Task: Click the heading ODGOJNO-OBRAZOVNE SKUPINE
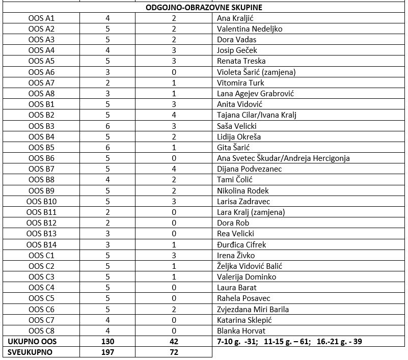204,8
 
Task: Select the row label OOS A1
41,18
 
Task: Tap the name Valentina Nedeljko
249,29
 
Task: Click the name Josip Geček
237,50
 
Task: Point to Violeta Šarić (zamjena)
256,72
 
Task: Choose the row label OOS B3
41,126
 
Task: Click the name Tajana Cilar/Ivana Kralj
256,115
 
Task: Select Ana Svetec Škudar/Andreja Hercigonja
283,158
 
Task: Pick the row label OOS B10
41,202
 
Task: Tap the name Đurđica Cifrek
241,244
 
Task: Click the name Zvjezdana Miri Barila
253,309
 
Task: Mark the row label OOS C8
41,331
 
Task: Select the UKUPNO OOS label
28,341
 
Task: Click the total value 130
107,341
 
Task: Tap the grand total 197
107,352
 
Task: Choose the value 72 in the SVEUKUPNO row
174,352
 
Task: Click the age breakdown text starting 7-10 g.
289,341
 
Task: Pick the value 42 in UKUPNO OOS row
174,341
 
